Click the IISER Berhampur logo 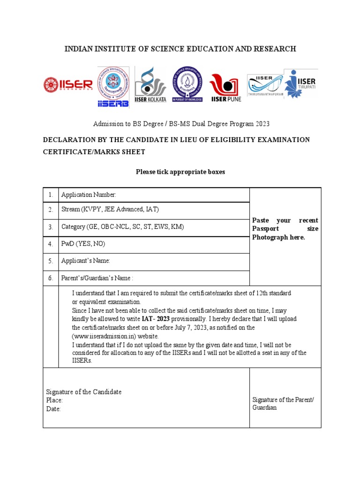point(68,84)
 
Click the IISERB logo point(112,87)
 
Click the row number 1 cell point(50,195)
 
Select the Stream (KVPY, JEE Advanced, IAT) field point(113,210)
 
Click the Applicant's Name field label point(86,261)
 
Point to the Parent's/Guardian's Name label point(97,278)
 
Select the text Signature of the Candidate point(83,392)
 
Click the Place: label point(54,400)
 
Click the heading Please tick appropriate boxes point(180,172)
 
